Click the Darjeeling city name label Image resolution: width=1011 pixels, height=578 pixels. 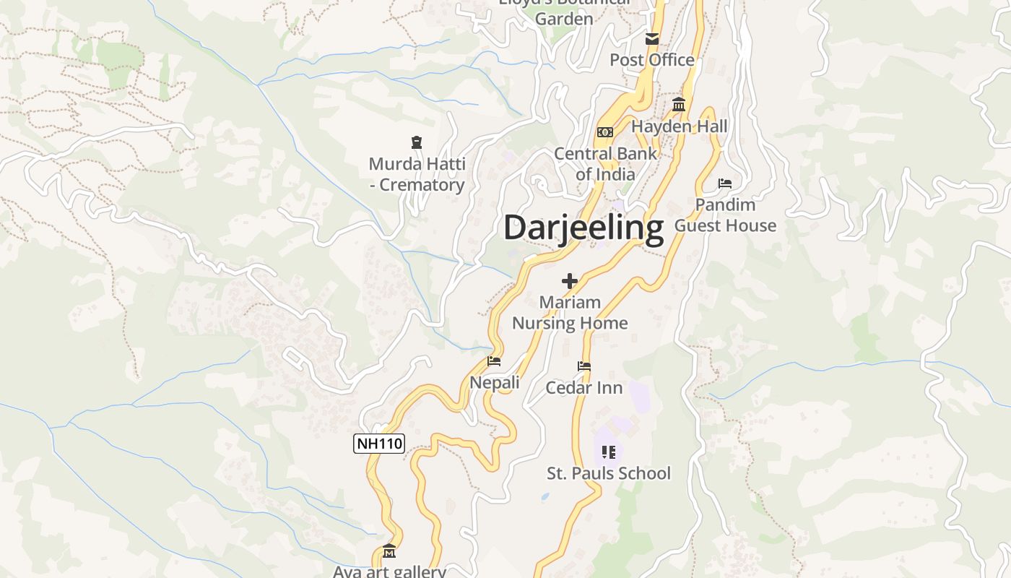point(583,228)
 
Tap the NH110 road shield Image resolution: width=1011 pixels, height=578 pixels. point(379,444)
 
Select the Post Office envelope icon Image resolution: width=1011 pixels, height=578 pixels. point(652,39)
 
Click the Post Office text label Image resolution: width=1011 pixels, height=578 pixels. point(652,60)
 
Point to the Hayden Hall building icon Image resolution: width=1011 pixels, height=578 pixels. point(679,105)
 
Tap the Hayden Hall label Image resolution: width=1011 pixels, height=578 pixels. point(680,126)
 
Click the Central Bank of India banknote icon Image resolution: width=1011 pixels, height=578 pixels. point(605,132)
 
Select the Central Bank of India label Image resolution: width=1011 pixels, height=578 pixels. point(605,164)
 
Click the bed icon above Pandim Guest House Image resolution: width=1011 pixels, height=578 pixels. point(725,184)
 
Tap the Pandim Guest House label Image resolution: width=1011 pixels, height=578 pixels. point(725,215)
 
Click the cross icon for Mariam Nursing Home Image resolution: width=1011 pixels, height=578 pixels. point(570,281)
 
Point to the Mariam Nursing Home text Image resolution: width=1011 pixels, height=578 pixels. point(570,313)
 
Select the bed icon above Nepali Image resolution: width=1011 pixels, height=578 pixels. point(494,361)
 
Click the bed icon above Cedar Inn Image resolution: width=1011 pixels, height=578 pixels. point(584,367)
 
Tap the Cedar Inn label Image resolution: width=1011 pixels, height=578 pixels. point(584,388)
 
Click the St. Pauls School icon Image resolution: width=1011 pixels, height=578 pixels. point(609,453)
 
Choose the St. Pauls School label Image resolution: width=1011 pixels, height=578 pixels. point(609,474)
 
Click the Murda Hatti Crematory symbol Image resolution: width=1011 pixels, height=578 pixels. point(416,142)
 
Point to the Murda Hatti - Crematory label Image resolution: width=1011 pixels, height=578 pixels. point(417,175)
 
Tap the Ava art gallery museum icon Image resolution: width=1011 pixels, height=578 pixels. point(389,551)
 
